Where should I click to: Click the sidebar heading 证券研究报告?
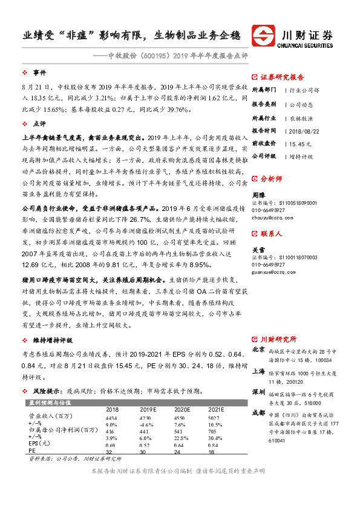tap(283, 77)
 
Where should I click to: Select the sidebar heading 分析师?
tap(271, 180)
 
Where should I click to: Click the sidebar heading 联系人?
tap(271, 232)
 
